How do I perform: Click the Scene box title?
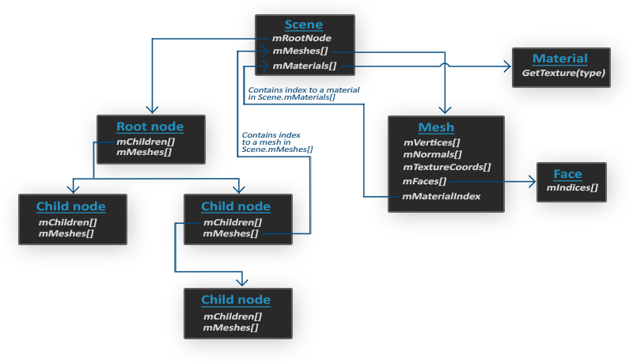[x=304, y=24]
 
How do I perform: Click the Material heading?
[x=560, y=59]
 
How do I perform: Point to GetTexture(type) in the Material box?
[x=563, y=73]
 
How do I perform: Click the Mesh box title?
[x=436, y=127]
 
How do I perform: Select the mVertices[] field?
[x=432, y=142]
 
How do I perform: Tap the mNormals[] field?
[x=431, y=155]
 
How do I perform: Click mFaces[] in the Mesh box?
[x=425, y=181]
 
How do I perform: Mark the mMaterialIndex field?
[x=442, y=195]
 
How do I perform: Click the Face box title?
[x=567, y=174]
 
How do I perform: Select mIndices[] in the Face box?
[x=572, y=188]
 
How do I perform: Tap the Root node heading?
[x=150, y=127]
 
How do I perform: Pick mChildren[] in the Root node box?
[x=144, y=142]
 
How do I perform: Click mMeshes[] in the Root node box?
[x=144, y=152]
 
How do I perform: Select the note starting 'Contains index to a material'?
[x=303, y=91]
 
